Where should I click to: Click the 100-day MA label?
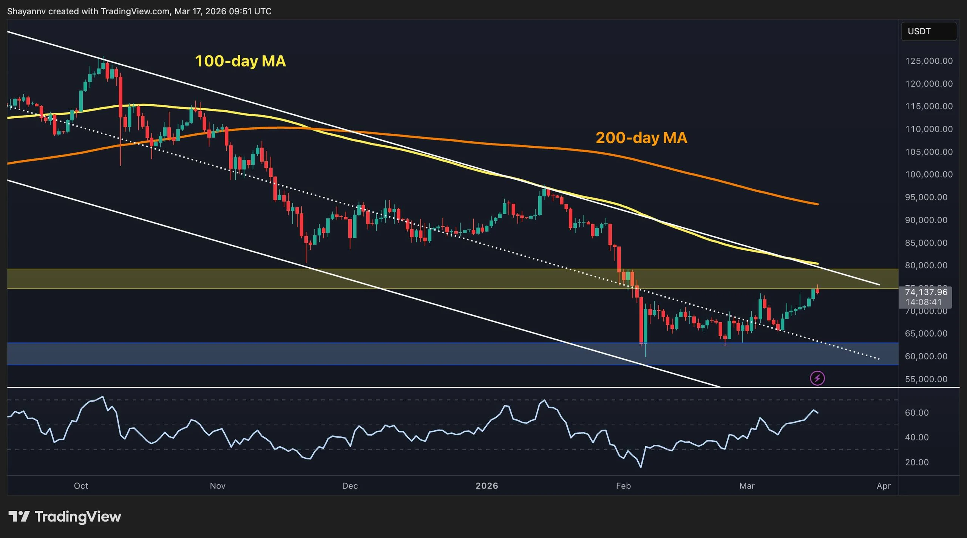tap(240, 61)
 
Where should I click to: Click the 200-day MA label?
tap(641, 138)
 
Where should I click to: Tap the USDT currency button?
tap(928, 31)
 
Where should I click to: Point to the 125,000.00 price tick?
tap(929, 61)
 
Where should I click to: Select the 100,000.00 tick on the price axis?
tap(929, 175)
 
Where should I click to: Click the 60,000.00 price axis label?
tap(926, 356)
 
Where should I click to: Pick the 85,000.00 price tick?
tap(926, 243)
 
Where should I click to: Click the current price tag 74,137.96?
tap(926, 292)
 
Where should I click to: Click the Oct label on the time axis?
tap(81, 486)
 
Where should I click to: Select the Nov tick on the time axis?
tap(218, 486)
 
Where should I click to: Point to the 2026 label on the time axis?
tap(487, 486)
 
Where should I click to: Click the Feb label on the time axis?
tap(623, 486)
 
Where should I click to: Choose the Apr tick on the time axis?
tap(884, 486)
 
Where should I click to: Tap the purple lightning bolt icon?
tap(817, 378)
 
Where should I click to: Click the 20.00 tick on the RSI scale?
tap(917, 462)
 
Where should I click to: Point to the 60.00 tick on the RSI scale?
tap(917, 413)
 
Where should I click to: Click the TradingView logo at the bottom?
tap(65, 516)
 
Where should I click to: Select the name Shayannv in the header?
tap(26, 11)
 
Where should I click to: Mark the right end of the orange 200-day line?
tap(818, 204)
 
